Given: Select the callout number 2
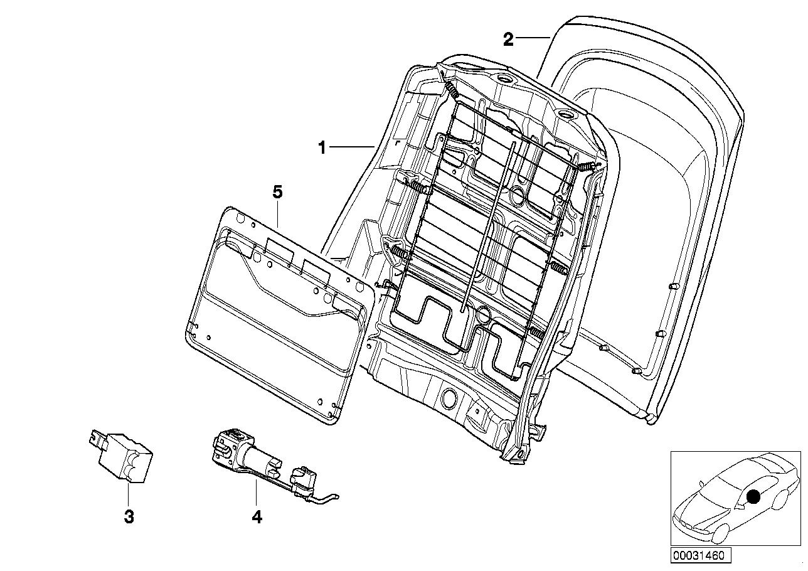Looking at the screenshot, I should click(x=508, y=40).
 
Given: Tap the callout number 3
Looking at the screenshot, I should click(x=128, y=517).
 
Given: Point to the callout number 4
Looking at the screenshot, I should click(x=256, y=517).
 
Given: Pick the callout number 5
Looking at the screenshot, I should click(x=277, y=192).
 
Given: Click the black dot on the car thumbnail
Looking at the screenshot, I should click(x=753, y=497).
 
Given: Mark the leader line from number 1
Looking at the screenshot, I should click(x=353, y=147).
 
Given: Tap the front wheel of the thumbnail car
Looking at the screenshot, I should click(x=722, y=531).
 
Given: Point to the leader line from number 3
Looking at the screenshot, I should click(x=128, y=496).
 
